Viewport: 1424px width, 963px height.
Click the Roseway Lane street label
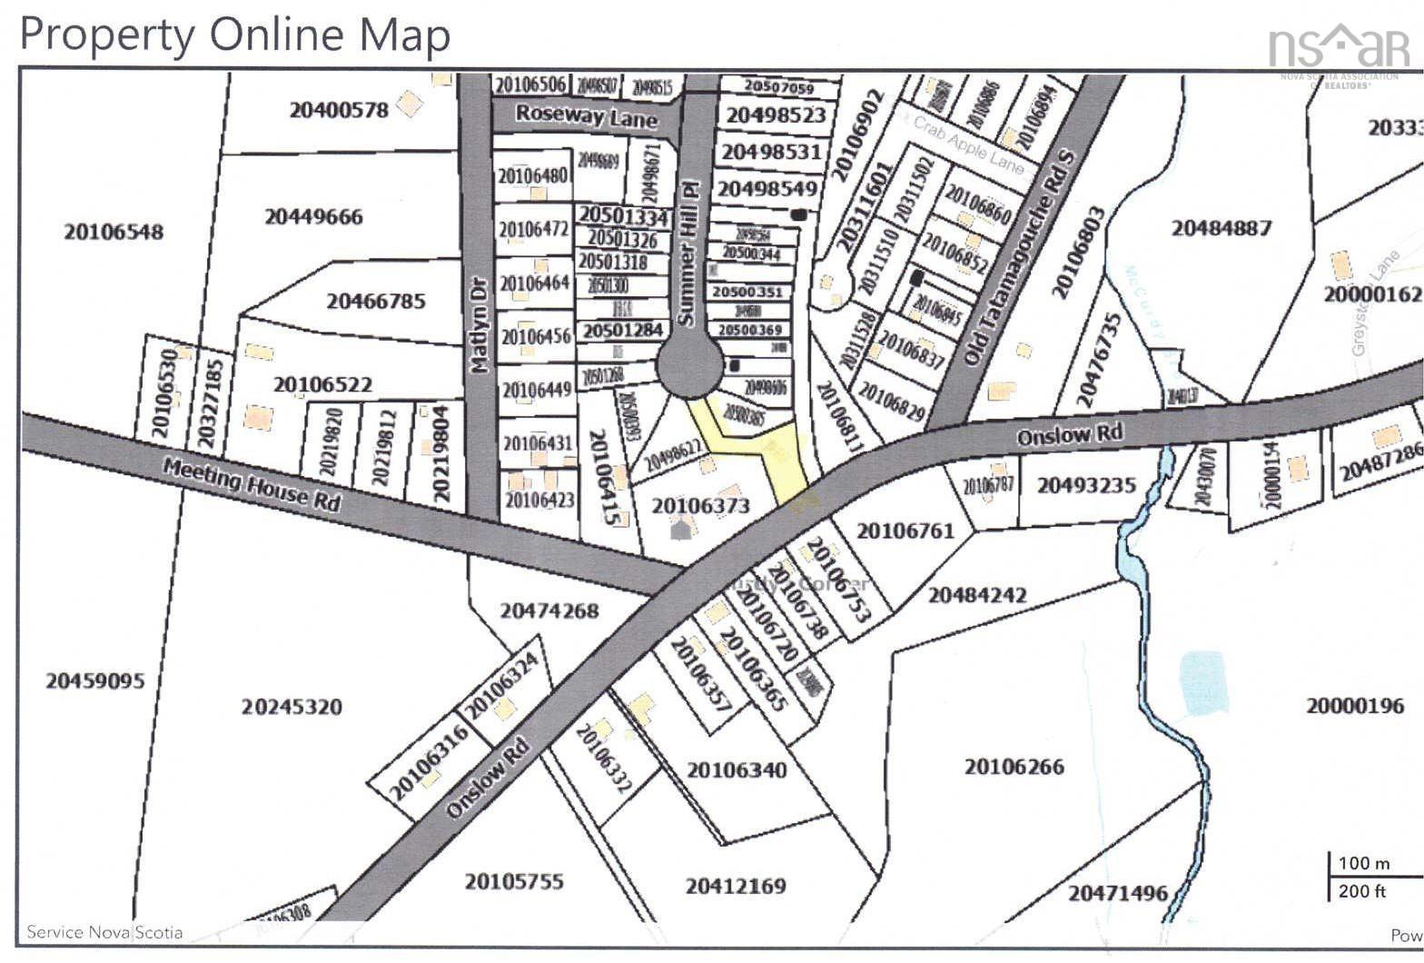click(x=586, y=116)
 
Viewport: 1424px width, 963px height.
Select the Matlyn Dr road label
click(x=479, y=324)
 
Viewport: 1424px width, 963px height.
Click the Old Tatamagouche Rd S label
click(x=1019, y=259)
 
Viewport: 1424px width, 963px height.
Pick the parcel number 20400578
click(x=339, y=111)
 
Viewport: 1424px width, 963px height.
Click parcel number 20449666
click(x=313, y=217)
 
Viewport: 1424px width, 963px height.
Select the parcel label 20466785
click(x=375, y=301)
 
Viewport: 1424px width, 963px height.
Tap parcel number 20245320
click(x=292, y=707)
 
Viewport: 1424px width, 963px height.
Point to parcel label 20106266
click(x=1014, y=767)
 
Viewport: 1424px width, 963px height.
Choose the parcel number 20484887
click(x=1221, y=227)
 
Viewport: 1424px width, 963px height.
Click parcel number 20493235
click(x=1086, y=485)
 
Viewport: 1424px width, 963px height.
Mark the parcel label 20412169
click(x=736, y=886)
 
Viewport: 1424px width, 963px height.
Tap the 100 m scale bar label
click(x=1363, y=863)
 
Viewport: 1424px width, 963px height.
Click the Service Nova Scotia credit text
click(x=104, y=932)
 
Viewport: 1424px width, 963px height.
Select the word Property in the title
click(x=106, y=35)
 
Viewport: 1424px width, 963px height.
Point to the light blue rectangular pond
click(x=1204, y=681)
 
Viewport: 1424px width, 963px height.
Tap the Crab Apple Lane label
click(x=968, y=145)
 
